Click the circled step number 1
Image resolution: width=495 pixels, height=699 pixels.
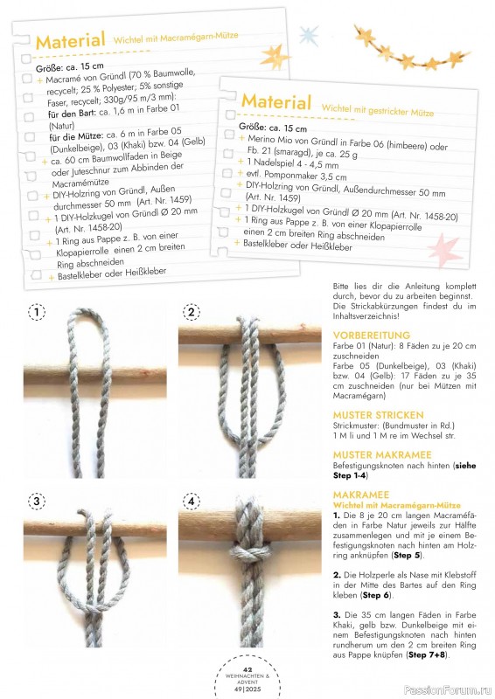pyautogui.click(x=37, y=312)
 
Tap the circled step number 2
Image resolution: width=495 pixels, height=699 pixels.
pyautogui.click(x=192, y=312)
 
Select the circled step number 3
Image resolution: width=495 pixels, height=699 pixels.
pyautogui.click(x=37, y=502)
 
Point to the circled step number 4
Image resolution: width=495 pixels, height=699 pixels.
pyautogui.click(x=192, y=502)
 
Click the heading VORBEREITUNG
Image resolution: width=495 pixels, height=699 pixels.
pyautogui.click(x=372, y=336)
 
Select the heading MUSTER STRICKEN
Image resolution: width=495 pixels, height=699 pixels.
pyautogui.click(x=378, y=415)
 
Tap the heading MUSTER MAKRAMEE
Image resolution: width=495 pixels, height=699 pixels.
pyautogui.click(x=382, y=454)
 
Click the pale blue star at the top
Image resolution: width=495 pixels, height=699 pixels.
pyautogui.click(x=309, y=36)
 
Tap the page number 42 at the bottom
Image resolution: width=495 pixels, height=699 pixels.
pyautogui.click(x=247, y=669)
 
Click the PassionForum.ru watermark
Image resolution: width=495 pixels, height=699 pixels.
pyautogui.click(x=448, y=690)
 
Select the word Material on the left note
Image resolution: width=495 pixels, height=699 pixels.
pyautogui.click(x=70, y=41)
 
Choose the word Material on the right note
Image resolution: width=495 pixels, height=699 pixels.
pyautogui.click(x=275, y=101)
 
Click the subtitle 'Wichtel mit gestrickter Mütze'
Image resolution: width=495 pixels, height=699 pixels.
pyautogui.click(x=378, y=110)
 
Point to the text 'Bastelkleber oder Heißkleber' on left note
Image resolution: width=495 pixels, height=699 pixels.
pyautogui.click(x=112, y=273)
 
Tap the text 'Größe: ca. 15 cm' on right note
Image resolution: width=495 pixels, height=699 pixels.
pyautogui.click(x=273, y=128)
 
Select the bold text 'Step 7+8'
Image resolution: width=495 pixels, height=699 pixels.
pyautogui.click(x=428, y=654)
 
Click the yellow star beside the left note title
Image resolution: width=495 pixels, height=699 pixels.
pyautogui.click(x=274, y=57)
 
